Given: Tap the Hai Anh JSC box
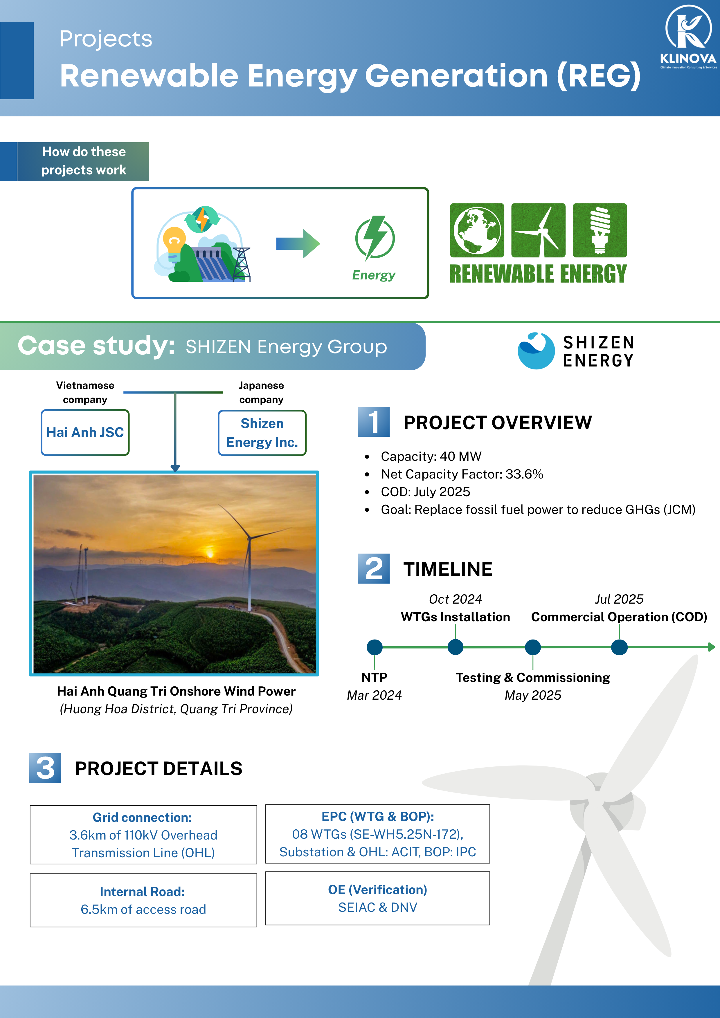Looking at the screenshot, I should (85, 432).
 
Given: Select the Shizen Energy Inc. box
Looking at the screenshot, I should (262, 433).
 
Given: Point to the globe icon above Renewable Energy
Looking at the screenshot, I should (477, 230).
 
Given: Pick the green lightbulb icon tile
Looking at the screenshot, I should (599, 230).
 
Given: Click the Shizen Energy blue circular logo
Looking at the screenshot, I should (536, 351).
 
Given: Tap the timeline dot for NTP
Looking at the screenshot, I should (375, 647).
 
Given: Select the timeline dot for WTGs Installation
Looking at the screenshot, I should (456, 647).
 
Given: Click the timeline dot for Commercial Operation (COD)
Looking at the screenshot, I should (619, 647).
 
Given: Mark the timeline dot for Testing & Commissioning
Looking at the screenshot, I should (533, 647).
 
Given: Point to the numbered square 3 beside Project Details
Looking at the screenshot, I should (45, 768).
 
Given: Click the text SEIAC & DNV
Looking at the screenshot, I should (377, 908).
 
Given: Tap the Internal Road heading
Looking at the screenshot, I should (142, 892).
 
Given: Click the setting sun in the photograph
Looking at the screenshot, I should (210, 554).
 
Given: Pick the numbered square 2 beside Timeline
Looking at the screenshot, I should (374, 568).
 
